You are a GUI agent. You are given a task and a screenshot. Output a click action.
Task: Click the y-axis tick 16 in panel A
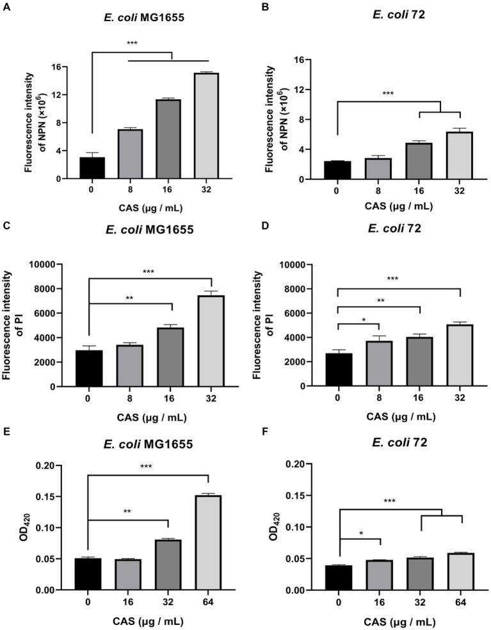point(57,67)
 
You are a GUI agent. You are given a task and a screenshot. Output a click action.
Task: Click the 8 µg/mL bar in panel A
point(134,154)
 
